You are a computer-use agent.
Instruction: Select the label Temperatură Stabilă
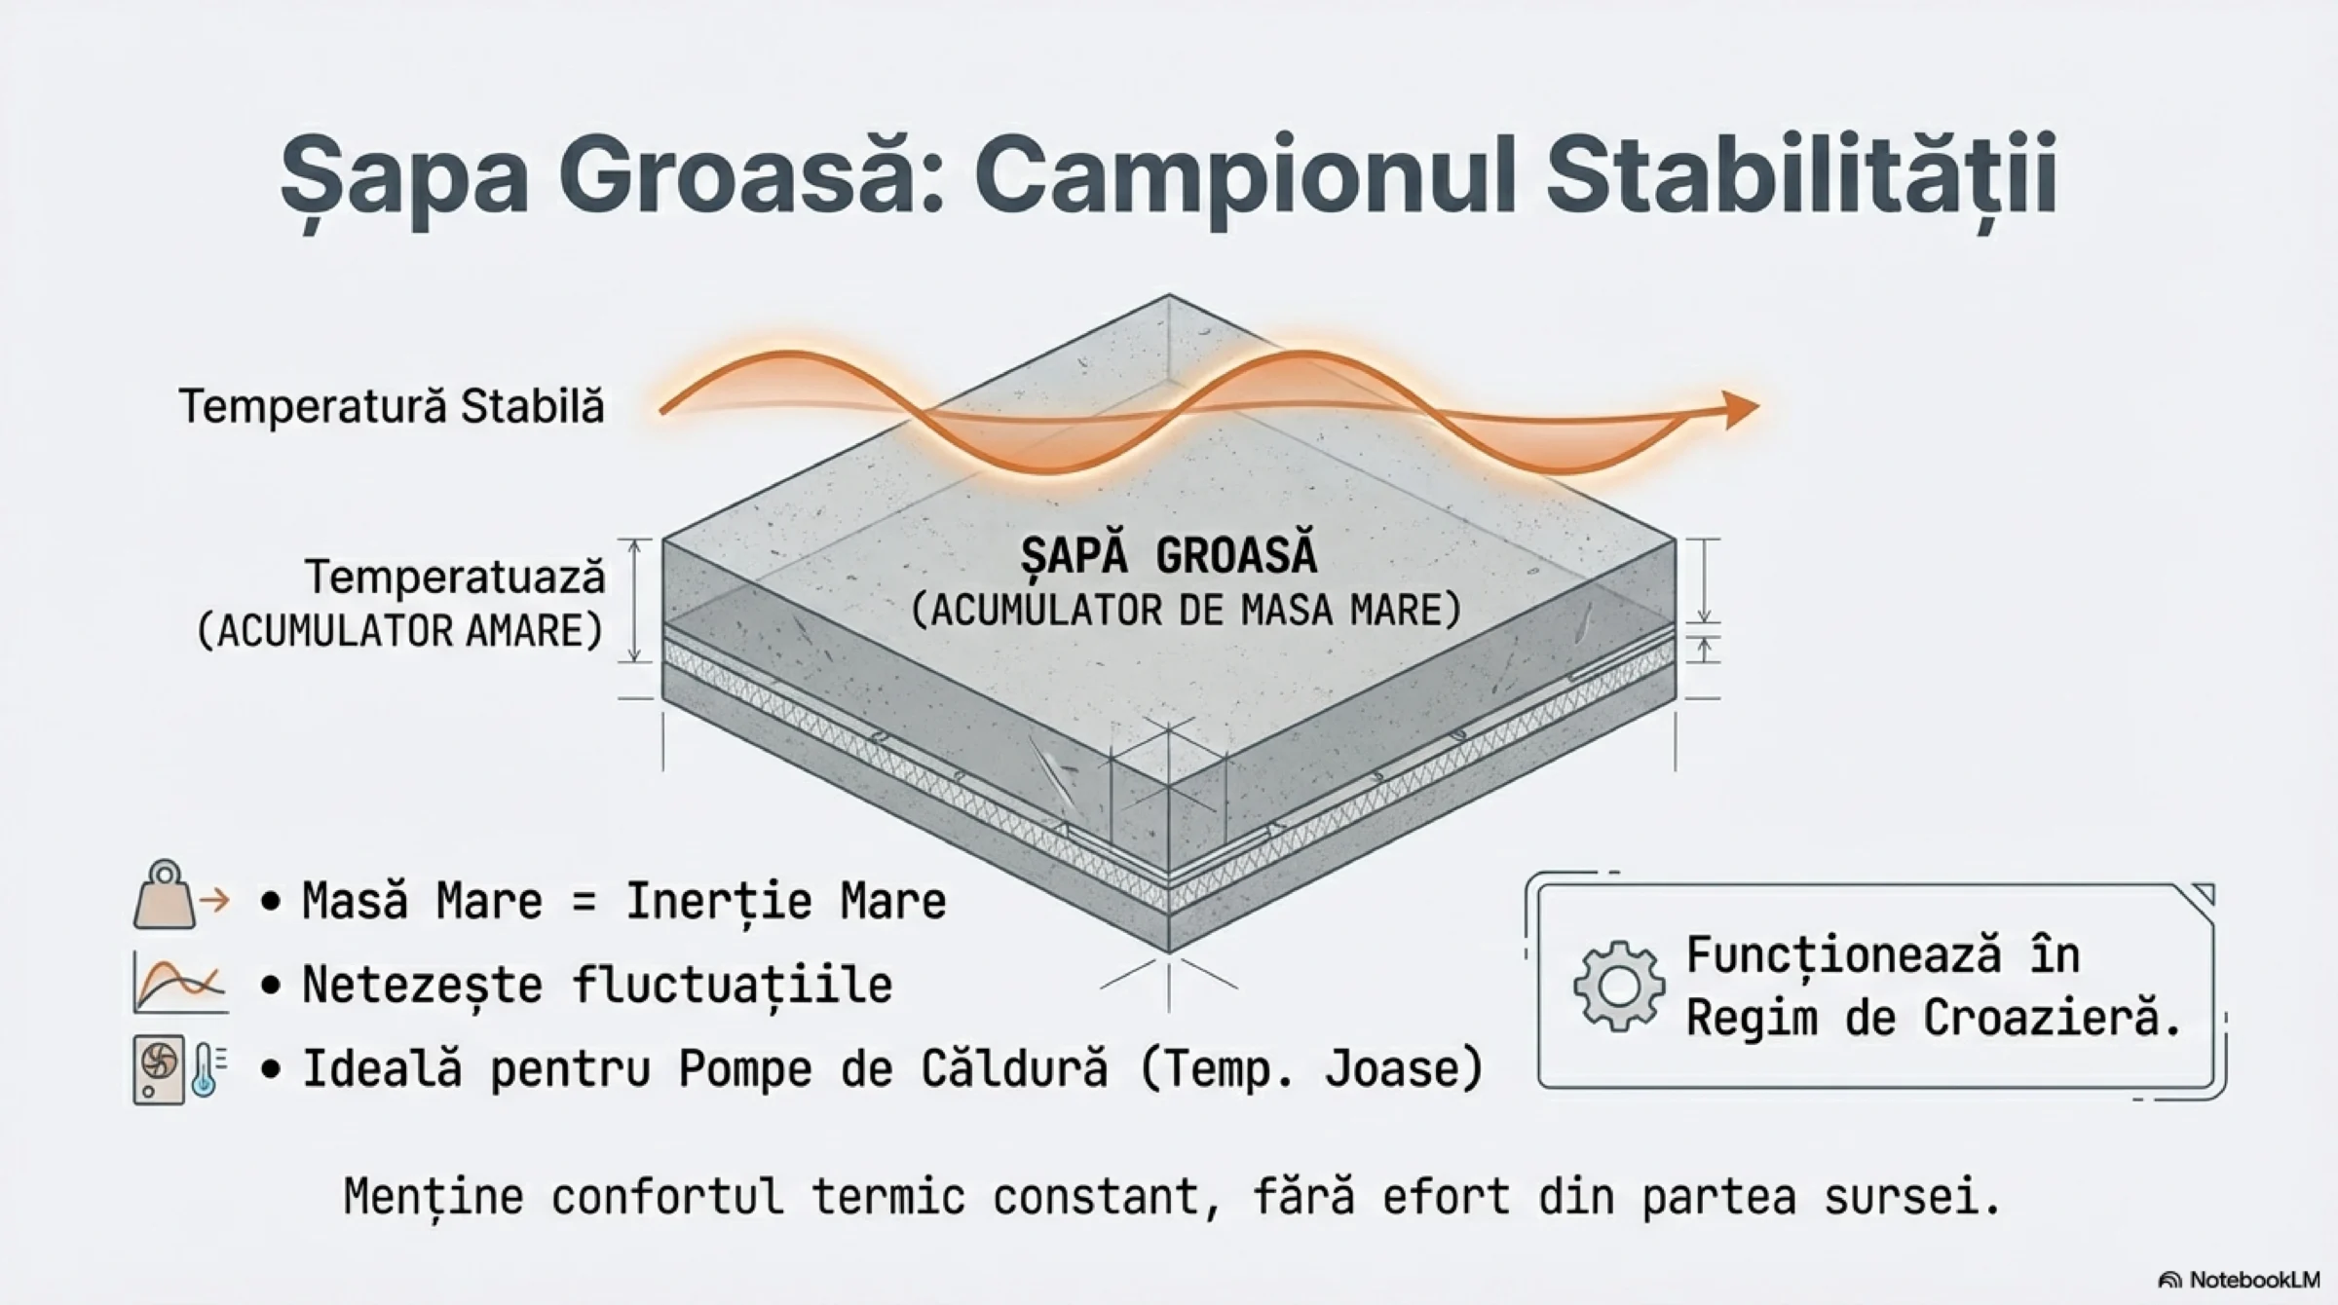(x=392, y=405)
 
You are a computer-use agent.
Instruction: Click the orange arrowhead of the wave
(x=1740, y=409)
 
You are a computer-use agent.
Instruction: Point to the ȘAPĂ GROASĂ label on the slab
(x=1169, y=555)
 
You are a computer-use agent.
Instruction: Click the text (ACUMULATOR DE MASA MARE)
(x=1187, y=611)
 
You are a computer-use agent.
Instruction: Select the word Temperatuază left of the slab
(x=456, y=577)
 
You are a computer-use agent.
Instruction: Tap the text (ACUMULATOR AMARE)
(x=400, y=631)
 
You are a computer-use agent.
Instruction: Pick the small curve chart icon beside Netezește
(x=180, y=983)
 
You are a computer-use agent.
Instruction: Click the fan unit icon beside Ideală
(x=159, y=1069)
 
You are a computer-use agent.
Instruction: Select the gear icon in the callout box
(x=1618, y=986)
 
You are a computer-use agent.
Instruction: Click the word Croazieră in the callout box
(x=2052, y=1018)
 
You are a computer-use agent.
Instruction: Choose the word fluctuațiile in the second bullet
(x=733, y=985)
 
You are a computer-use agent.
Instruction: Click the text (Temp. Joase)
(x=1310, y=1069)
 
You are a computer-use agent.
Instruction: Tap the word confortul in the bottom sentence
(x=667, y=1196)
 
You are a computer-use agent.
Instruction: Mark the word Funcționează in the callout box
(x=1844, y=955)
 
